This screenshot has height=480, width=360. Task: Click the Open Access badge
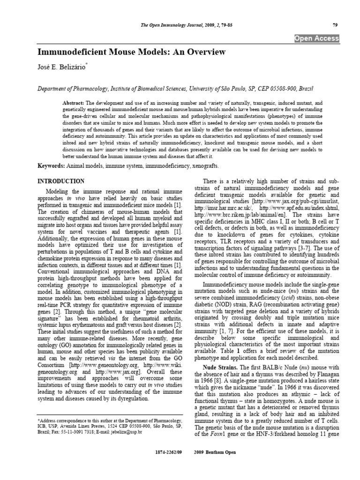coord(323,38)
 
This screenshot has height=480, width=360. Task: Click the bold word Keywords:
coord(52,166)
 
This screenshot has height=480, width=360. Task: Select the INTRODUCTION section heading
coord(60,181)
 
